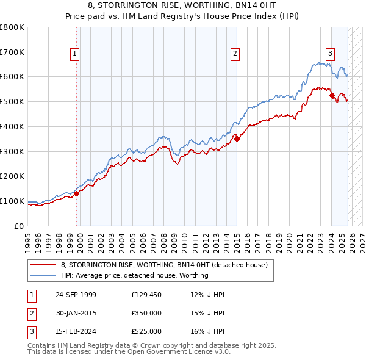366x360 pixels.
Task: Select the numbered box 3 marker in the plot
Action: tap(330, 53)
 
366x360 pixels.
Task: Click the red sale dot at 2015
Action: tap(237, 139)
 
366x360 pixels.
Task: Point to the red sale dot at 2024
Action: tap(332, 95)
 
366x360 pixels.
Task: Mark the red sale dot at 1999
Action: tap(77, 193)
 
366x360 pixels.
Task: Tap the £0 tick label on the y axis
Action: tap(20, 226)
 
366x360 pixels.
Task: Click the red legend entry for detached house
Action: tap(164, 265)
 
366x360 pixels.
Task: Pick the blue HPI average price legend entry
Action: tap(135, 275)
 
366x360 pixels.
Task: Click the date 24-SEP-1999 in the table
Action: tap(76, 295)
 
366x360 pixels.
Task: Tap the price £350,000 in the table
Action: tap(146, 313)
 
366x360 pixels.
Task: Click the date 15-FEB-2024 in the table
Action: tap(76, 331)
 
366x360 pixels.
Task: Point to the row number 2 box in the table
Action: tap(30, 313)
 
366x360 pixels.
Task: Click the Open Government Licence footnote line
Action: tap(129, 352)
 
